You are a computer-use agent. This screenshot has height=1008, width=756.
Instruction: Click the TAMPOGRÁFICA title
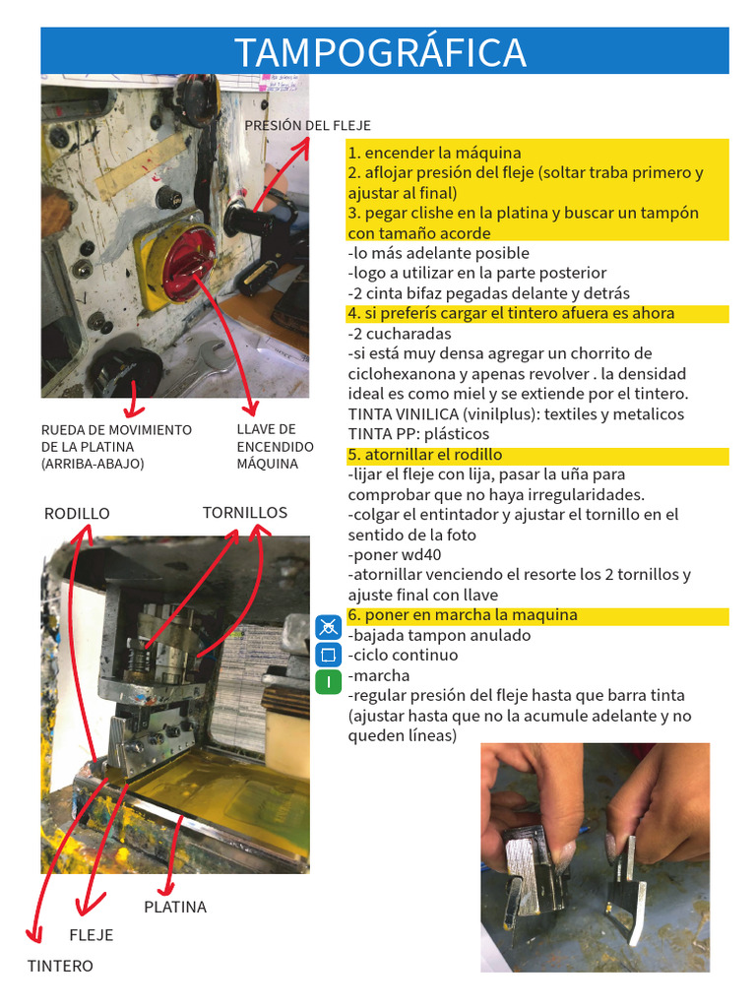381,52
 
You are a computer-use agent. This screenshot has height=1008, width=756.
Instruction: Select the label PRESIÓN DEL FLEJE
307,125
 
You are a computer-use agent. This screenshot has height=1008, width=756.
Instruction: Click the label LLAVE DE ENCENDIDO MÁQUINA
276,446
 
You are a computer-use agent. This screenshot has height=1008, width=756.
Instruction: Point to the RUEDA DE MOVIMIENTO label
116,429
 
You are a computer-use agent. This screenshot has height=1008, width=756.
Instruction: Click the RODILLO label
77,514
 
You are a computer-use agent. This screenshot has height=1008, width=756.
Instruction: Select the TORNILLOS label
245,512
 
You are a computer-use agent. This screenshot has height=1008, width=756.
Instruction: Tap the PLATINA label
175,907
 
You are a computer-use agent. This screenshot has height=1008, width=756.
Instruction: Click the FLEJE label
92,935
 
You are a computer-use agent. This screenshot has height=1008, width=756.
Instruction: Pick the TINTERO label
60,966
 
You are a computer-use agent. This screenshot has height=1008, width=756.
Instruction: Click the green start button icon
329,681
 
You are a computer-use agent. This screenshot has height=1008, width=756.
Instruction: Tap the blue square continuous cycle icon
329,655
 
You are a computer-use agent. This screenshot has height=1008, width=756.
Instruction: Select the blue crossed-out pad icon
329,627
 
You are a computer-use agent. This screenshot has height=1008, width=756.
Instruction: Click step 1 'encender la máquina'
434,153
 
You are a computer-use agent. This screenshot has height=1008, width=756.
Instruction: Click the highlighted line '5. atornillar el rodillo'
425,455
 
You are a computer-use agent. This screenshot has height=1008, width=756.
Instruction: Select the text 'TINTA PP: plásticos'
418,434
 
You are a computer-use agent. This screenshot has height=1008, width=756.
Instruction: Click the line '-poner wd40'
395,555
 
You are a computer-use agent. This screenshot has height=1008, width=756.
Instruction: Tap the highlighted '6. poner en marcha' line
463,615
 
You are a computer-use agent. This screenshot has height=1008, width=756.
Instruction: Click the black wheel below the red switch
125,371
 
